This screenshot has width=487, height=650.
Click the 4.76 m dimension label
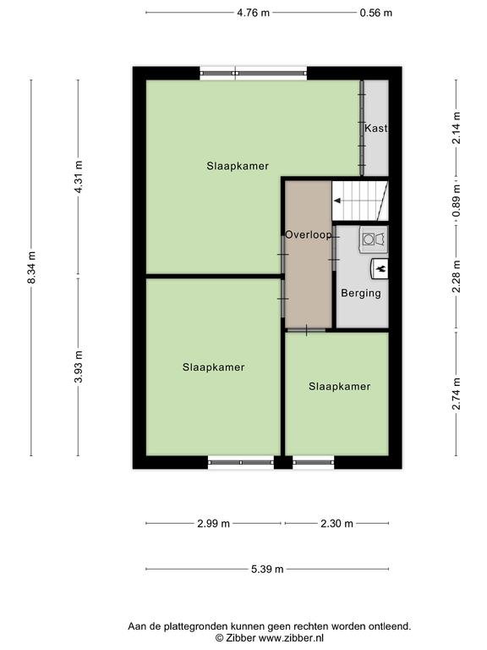(x=253, y=13)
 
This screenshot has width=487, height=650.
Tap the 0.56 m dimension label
(x=375, y=13)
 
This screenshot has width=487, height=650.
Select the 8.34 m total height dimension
(x=32, y=267)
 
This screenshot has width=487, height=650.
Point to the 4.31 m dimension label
(x=79, y=177)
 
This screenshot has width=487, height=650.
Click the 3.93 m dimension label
(x=79, y=367)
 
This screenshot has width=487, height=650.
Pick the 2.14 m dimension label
(x=456, y=128)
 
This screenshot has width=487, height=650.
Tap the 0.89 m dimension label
(x=456, y=201)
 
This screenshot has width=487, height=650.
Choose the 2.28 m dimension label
(x=456, y=277)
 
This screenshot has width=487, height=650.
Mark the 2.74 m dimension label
(x=456, y=394)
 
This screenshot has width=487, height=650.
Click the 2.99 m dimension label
(x=213, y=524)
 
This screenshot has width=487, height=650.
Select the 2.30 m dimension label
(x=337, y=524)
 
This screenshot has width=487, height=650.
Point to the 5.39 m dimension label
(x=267, y=569)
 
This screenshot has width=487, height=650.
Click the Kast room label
(x=376, y=129)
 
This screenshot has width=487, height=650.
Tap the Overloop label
(x=309, y=234)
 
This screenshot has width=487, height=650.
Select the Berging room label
(x=361, y=293)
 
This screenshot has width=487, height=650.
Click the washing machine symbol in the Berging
(x=374, y=240)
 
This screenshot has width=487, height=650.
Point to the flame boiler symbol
(x=380, y=268)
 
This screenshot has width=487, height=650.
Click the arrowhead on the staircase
(x=337, y=201)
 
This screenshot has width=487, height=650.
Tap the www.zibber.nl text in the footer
(x=291, y=637)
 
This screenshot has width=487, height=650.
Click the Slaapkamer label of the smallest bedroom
(x=340, y=386)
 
